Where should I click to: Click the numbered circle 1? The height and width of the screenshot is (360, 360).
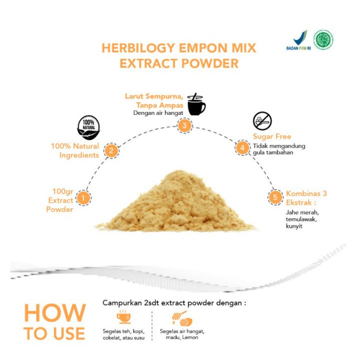pos(84,198)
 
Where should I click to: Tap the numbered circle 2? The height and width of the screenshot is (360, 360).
pos(112,151)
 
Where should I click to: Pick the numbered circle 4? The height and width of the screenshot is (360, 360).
pos(242,148)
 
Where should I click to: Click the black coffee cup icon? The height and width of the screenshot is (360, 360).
pos(196,104)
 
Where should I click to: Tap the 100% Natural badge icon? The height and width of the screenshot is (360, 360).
pos(88,127)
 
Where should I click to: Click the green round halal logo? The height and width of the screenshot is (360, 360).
pos(323,40)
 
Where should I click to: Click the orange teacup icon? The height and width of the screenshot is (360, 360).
pos(124,318)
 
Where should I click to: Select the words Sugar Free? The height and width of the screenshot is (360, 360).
pos(272,136)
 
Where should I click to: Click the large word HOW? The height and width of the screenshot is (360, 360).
pos(55,314)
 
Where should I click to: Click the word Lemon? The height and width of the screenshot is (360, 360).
pos(191,338)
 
